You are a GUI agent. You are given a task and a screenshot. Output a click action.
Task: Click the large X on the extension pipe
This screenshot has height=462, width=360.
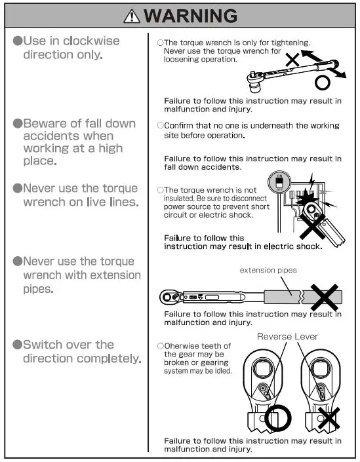click(x=325, y=296)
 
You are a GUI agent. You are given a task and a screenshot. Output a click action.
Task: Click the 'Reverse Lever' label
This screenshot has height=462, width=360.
click(x=287, y=336)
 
